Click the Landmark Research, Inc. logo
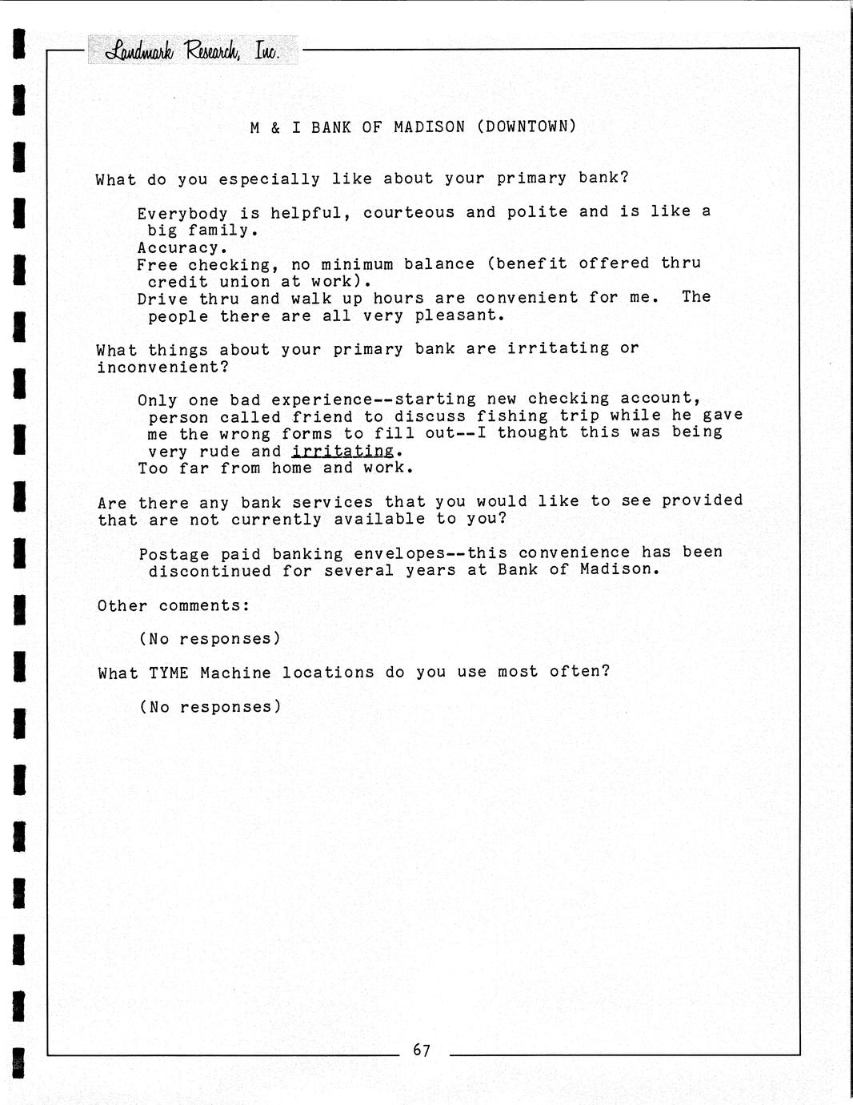(192, 51)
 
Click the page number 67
(422, 1050)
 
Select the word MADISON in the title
(429, 127)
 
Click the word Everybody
(182, 213)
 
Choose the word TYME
(169, 673)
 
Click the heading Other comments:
(174, 605)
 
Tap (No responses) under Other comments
(210, 639)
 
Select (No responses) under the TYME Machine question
(210, 707)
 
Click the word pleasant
(459, 315)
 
